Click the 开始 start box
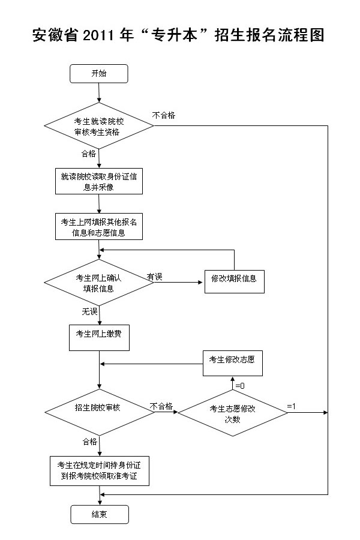tap(99, 74)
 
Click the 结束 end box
tap(100, 515)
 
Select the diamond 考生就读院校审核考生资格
tap(99, 126)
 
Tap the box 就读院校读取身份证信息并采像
tap(99, 181)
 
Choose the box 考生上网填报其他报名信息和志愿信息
tap(99, 227)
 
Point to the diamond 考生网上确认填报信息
tap(99, 283)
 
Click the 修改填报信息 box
tap(234, 282)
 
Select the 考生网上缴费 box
tap(99, 338)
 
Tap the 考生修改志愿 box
tap(233, 364)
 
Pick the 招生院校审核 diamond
tap(100, 412)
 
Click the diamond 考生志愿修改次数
tap(233, 413)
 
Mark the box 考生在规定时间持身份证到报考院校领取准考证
tap(100, 471)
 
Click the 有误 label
tap(154, 277)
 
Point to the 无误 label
tap(89, 311)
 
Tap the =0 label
tap(240, 386)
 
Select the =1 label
tap(291, 406)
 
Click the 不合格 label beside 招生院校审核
tap(161, 406)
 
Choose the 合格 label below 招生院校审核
tap(90, 442)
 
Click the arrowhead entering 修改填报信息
tap(200, 283)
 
